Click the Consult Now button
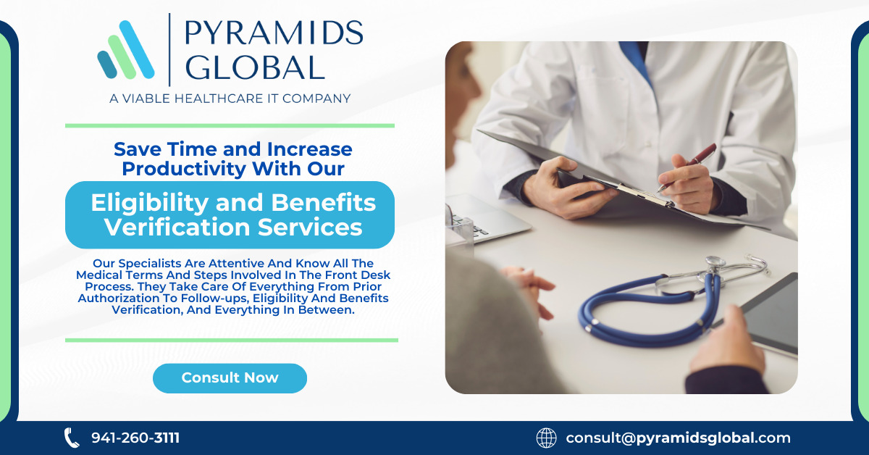click(x=230, y=378)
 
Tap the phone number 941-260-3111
click(x=135, y=438)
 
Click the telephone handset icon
click(x=72, y=438)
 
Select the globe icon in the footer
click(x=546, y=438)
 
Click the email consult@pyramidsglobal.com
click(x=678, y=438)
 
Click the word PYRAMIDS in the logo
click(x=273, y=33)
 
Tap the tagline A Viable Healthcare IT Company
click(x=230, y=99)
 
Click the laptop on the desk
click(x=485, y=217)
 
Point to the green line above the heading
click(x=230, y=125)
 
